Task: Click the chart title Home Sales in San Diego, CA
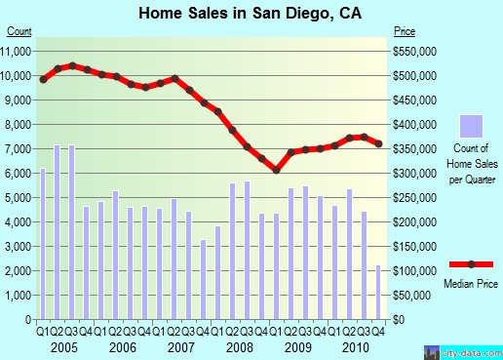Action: tap(250, 14)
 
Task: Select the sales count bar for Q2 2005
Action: tap(58, 232)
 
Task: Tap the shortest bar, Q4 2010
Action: tap(378, 292)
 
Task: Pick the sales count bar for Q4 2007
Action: tap(203, 279)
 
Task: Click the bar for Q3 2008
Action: tap(247, 250)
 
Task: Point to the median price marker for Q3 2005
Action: tap(72, 66)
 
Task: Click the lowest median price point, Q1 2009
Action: tap(277, 170)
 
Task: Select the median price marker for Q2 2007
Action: tap(174, 78)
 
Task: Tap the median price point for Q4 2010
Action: tap(378, 143)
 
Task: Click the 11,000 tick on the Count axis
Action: tap(16, 52)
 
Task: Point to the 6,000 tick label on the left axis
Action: tap(19, 174)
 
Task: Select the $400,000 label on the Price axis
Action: tap(414, 125)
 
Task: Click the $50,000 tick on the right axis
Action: tap(412, 296)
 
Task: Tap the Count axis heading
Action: tap(19, 31)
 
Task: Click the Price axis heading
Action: tap(405, 31)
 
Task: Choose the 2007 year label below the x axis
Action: tap(181, 347)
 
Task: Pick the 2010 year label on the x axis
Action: tap(356, 347)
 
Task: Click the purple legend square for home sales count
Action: tap(471, 126)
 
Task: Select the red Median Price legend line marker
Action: tap(471, 264)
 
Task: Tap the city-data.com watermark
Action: tap(464, 353)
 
